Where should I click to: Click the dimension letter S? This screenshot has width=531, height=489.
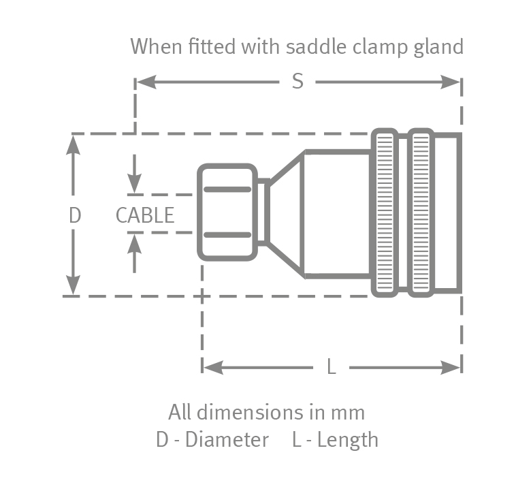coord(297,82)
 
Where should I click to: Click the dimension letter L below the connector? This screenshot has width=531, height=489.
coord(332,368)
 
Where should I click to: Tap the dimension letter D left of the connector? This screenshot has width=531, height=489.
coord(75,215)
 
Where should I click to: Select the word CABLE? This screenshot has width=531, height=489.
coord(145,215)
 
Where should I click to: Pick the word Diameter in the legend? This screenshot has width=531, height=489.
coord(227,440)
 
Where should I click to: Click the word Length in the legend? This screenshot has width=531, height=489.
coord(347,440)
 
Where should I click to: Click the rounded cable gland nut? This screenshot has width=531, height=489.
coord(227,212)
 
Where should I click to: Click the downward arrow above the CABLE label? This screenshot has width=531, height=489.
coord(135,185)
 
